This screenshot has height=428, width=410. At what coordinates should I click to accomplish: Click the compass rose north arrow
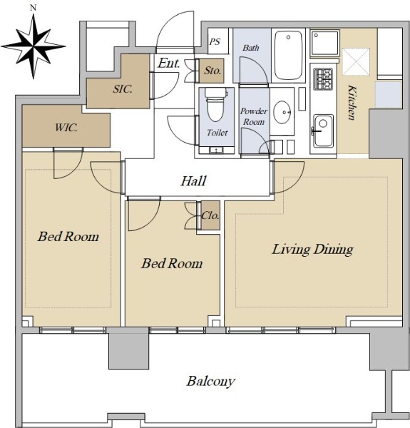34,46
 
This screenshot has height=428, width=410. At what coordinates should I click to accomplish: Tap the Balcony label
210,381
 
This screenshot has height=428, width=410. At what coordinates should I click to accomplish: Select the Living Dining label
312,250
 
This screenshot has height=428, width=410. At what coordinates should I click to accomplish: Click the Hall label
193,180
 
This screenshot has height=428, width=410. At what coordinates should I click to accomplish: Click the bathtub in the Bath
289,56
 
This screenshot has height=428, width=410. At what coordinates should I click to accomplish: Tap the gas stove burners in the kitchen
323,79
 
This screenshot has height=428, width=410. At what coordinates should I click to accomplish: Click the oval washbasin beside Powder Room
282,112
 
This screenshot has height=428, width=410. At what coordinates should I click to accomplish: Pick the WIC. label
66,128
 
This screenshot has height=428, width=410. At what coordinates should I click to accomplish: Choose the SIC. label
123,89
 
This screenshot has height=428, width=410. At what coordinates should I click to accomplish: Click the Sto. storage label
212,71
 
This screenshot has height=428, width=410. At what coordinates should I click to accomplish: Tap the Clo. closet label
210,216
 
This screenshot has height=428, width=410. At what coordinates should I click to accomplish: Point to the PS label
215,42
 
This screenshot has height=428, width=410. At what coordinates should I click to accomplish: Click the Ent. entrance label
169,63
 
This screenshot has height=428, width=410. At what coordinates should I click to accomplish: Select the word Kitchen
352,103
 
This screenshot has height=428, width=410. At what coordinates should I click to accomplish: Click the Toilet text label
217,133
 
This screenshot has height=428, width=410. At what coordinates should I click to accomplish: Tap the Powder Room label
254,116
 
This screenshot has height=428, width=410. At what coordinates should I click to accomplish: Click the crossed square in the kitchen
356,61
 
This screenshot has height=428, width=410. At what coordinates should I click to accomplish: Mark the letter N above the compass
34,8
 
